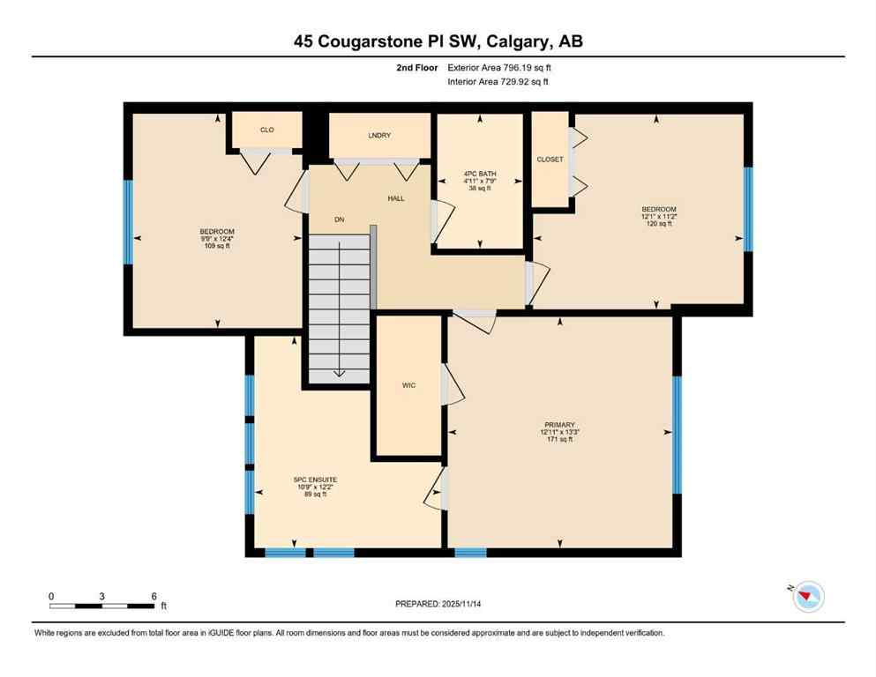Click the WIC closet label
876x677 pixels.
[408, 386]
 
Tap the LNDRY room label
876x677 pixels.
[379, 135]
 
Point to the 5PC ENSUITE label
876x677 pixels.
[315, 480]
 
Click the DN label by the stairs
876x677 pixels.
[339, 219]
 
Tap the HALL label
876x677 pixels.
[396, 198]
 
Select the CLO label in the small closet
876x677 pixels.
[266, 130]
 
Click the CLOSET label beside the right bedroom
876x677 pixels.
[550, 160]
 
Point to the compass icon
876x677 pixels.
[807, 597]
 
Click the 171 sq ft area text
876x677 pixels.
[560, 439]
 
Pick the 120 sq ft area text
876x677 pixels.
[658, 224]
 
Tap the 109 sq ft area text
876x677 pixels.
[216, 245]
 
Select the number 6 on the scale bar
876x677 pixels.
[153, 596]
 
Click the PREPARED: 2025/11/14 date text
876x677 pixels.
[438, 604]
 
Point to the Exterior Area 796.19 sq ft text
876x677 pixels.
[501, 67]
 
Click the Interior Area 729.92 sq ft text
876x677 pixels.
[499, 82]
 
